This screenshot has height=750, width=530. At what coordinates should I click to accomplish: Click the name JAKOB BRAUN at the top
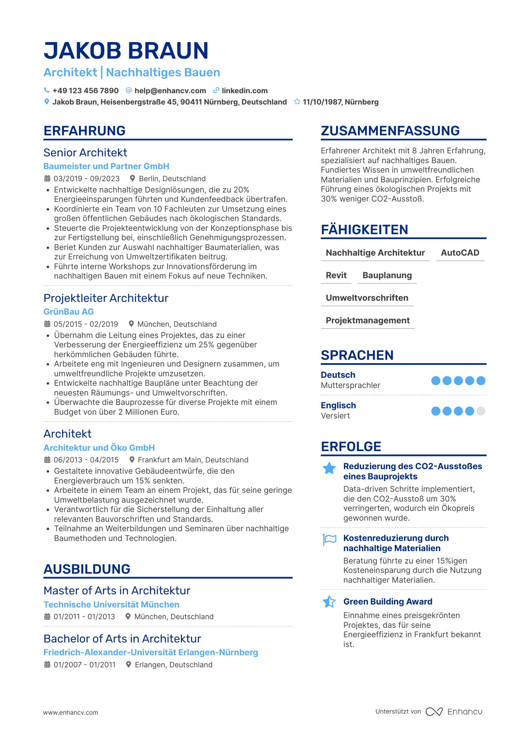click(x=126, y=51)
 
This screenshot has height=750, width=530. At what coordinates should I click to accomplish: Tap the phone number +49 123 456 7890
click(x=85, y=91)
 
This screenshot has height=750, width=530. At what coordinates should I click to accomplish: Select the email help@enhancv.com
click(x=170, y=91)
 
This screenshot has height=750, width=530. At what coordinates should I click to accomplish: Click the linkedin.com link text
click(x=244, y=91)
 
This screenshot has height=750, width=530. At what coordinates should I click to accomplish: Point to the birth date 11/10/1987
click(x=322, y=102)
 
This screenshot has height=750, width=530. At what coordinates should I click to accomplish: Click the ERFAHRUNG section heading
click(x=85, y=131)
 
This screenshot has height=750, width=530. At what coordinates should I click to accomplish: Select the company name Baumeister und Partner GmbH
click(x=106, y=166)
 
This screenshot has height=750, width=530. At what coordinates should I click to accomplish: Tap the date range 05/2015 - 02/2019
click(x=86, y=324)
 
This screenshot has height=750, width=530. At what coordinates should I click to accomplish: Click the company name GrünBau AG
click(x=69, y=312)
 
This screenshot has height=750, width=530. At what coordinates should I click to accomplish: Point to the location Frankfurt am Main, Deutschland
click(x=193, y=460)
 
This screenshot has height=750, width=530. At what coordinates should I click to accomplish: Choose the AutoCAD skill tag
click(x=460, y=253)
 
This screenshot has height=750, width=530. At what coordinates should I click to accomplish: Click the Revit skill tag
click(x=336, y=275)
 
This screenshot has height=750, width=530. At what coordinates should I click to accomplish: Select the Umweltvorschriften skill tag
click(x=367, y=298)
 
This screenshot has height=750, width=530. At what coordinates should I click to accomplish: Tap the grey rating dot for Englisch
click(x=481, y=411)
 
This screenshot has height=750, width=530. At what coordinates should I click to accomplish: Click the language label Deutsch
click(x=338, y=375)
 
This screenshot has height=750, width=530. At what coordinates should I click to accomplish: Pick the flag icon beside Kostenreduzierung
click(x=330, y=539)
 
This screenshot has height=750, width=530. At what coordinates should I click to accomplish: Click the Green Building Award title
click(x=388, y=602)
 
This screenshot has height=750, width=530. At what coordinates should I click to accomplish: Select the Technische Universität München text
click(x=111, y=605)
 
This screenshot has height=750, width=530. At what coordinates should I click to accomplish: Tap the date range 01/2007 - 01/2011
click(x=85, y=665)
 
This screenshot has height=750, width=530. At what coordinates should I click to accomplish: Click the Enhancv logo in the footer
click(x=454, y=712)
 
